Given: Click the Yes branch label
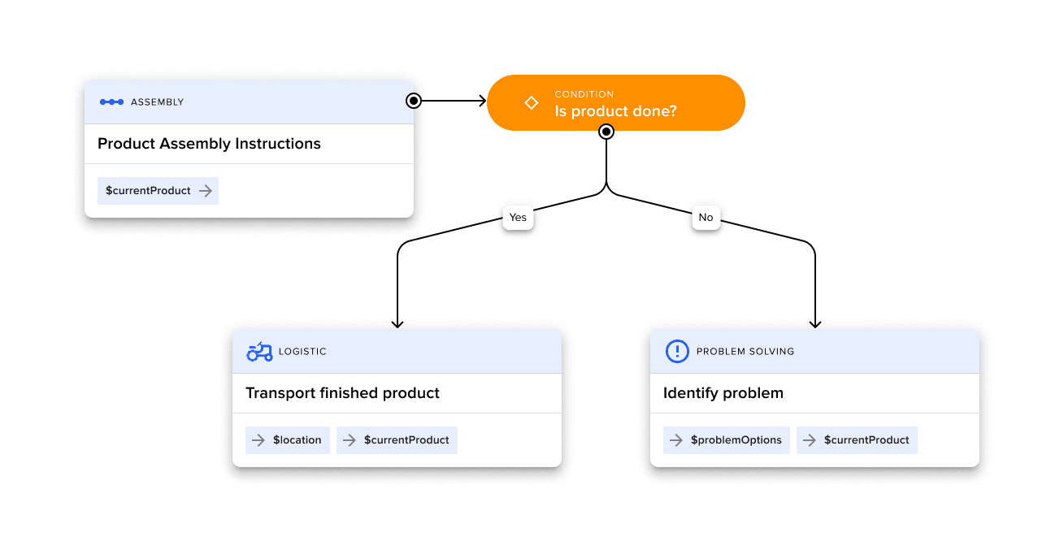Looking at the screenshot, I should pos(518,218).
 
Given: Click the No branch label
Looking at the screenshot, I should pos(706,218).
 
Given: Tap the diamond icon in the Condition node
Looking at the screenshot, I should pos(531,102).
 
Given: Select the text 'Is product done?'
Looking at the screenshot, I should pos(615,111).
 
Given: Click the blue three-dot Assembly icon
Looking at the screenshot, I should pos(111,102).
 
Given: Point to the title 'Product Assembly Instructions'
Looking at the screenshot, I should pos(209,144).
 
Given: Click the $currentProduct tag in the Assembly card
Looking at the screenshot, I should pos(158,191).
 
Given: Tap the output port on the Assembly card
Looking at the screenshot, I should pos(414,101).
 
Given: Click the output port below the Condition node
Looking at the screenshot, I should pos(606,132).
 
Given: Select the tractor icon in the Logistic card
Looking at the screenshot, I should pos(259,352).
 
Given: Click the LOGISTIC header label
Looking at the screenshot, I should pos(302,352).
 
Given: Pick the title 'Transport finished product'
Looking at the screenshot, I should pos(342,393).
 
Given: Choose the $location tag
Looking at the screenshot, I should pos(288,440).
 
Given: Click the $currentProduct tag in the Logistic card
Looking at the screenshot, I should pos(397,440).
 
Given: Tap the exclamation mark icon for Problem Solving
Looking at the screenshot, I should pos(677,352).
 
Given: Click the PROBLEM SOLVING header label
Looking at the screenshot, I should pos(745,352).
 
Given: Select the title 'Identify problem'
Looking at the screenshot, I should pos(723,393).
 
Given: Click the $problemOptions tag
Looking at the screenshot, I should pos(727,440).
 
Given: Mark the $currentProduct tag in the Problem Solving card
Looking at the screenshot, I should pos(857,440).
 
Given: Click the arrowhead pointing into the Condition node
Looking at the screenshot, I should pos(481,101).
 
